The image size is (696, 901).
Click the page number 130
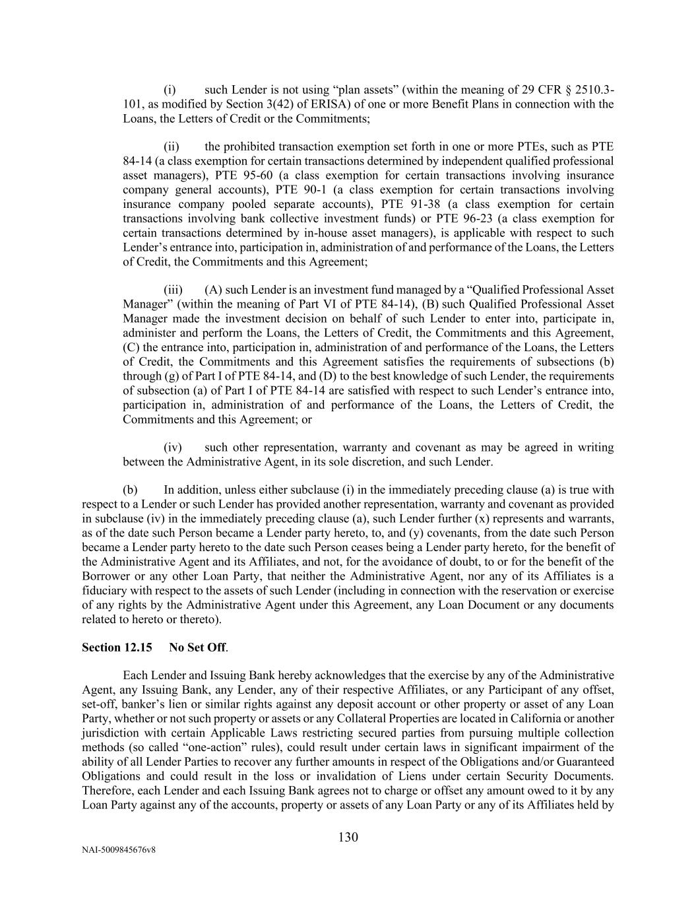tap(348, 838)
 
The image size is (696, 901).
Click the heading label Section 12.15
tap(117, 648)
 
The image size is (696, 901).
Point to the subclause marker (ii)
tap(172, 147)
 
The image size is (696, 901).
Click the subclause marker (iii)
tap(174, 290)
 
